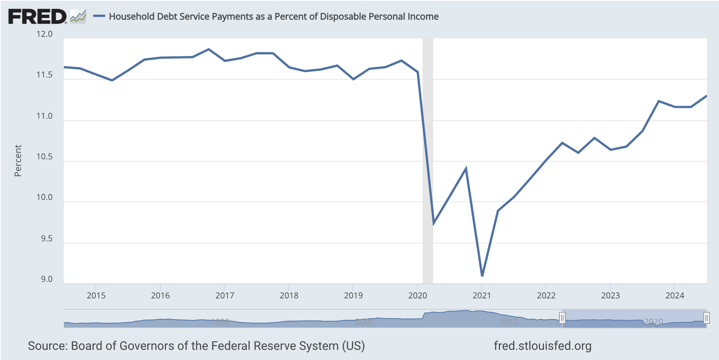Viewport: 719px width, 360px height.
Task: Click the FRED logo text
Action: pos(37,17)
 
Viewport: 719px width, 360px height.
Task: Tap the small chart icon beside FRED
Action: pos(78,17)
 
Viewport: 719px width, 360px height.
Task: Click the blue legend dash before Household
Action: pos(99,16)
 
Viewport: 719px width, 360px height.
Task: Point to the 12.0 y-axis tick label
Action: pos(44,34)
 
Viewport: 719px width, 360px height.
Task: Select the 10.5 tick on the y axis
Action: pos(44,157)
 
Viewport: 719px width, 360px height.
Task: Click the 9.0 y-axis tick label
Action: pos(47,279)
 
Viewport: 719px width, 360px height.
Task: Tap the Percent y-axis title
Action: pos(18,160)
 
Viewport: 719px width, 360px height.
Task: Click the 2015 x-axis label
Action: pos(96,295)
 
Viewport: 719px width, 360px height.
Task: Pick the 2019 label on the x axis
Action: pos(353,295)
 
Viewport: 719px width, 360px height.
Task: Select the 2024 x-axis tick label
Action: pos(675,295)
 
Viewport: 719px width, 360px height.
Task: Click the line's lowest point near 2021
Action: pos(482,275)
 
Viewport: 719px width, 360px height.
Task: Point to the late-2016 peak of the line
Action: pos(209,49)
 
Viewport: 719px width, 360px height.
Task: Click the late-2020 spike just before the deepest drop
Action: pos(466,169)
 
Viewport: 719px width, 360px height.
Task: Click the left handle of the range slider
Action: pos(562,318)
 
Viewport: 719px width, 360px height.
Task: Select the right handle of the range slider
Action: pos(706,318)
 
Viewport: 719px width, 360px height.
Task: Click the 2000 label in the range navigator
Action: pos(364,322)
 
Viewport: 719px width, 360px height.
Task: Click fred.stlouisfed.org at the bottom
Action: pos(542,346)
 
